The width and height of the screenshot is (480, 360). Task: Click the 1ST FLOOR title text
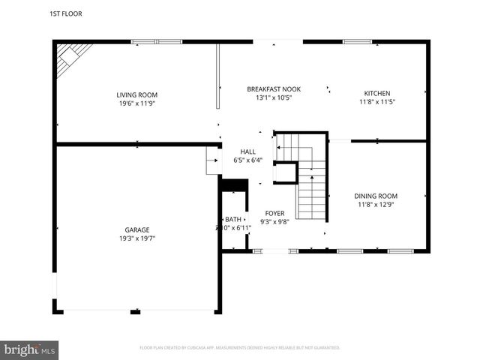66,13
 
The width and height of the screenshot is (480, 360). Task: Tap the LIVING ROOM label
136,94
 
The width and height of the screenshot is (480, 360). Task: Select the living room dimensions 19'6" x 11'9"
136,103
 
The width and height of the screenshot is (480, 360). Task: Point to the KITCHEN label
376,94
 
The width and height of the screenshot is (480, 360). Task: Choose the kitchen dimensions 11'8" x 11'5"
376,102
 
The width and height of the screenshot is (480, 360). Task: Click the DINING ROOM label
376,196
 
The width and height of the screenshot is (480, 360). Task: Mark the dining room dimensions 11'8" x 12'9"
376,204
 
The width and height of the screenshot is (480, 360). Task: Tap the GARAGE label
136,230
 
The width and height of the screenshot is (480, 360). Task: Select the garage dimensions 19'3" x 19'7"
136,238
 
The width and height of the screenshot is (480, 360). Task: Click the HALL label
247,151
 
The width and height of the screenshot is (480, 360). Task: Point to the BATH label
232,219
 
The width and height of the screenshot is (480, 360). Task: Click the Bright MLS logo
30,349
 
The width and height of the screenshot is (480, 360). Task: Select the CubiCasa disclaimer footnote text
240,348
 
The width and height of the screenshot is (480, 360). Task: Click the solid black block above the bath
234,185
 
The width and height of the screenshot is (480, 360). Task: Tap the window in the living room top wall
157,42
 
